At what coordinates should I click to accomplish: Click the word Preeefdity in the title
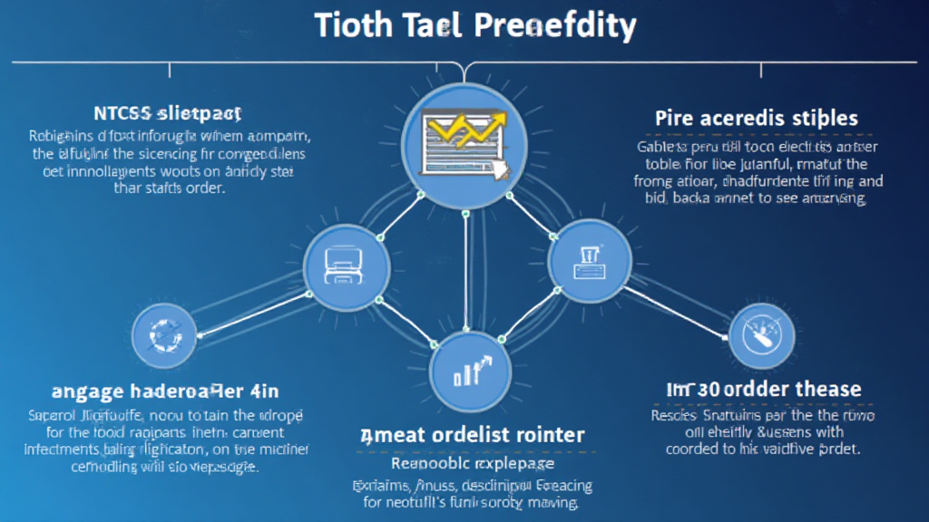click(555, 25)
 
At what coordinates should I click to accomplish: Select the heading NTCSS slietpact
click(167, 114)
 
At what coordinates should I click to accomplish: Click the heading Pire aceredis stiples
click(756, 119)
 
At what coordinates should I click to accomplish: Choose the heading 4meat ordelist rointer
click(472, 434)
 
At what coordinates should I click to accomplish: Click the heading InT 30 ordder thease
click(763, 390)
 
